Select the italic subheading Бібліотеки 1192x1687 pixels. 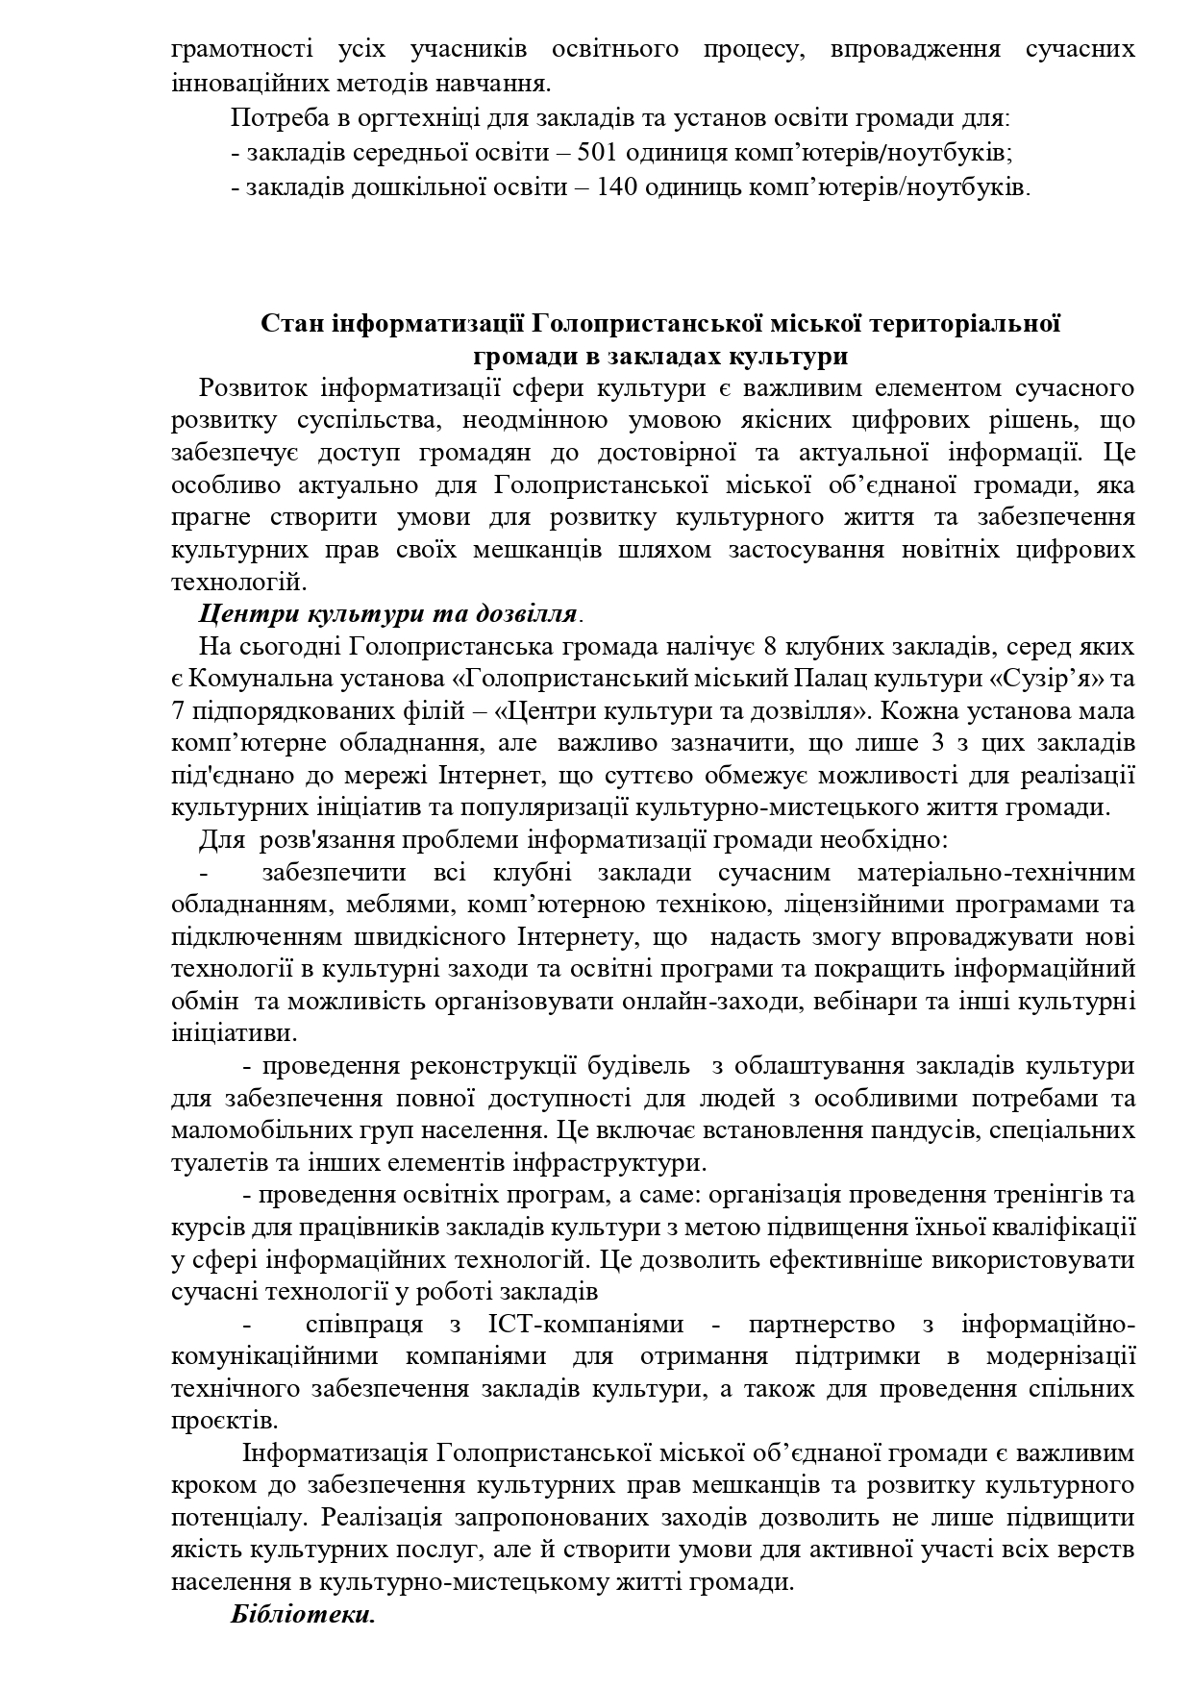(302, 1614)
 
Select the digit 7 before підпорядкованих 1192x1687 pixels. (179, 711)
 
